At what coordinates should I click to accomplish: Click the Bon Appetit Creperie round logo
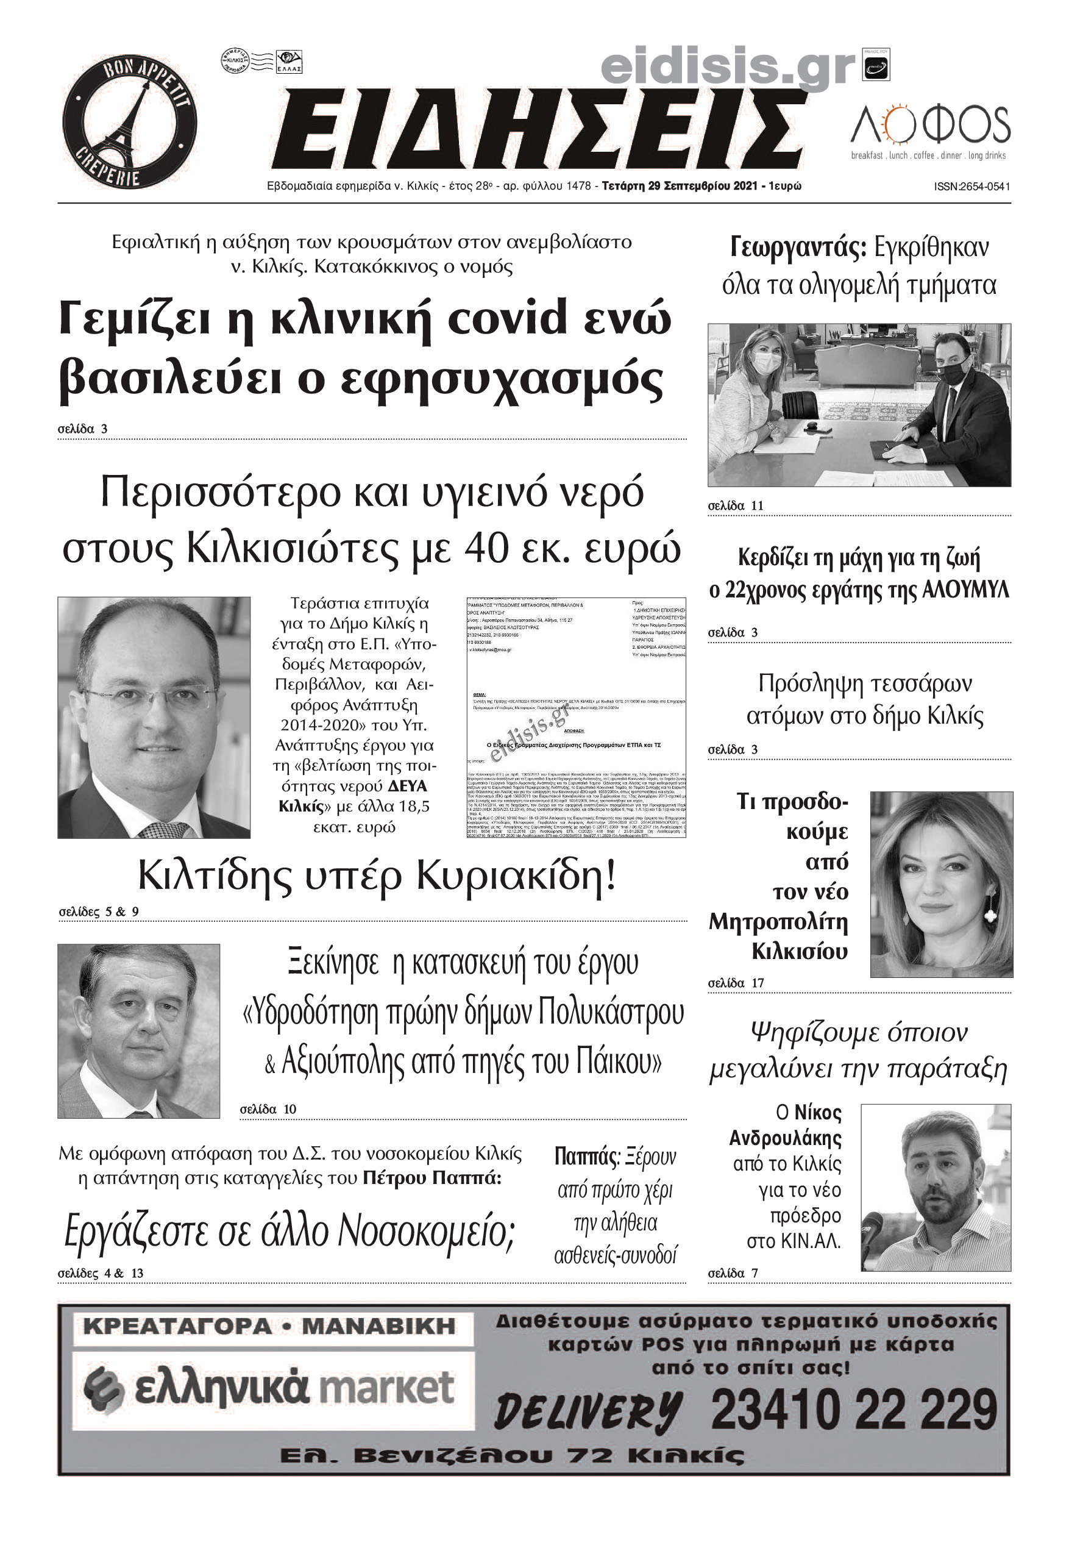129,123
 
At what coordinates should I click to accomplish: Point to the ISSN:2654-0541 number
971,187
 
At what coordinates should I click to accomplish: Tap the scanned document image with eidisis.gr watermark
575,718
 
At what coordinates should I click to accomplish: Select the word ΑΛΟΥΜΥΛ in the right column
965,591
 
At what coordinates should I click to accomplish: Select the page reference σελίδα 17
736,983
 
